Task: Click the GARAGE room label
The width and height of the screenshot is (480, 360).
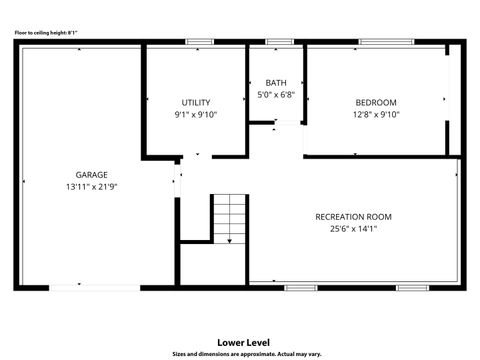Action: click(91, 174)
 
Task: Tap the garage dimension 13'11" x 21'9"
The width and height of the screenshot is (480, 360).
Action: click(91, 187)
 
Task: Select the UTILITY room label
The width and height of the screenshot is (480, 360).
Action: click(195, 102)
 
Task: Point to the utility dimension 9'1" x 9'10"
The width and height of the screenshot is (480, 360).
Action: click(195, 115)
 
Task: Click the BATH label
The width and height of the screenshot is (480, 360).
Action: click(276, 82)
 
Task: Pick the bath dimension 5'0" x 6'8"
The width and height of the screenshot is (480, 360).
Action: click(276, 95)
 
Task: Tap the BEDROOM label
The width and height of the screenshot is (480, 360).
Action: click(376, 102)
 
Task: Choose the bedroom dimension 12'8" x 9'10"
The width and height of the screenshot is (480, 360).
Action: click(376, 115)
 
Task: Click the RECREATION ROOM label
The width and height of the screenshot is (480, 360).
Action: click(353, 216)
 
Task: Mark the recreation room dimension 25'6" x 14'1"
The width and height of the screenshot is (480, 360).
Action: click(353, 229)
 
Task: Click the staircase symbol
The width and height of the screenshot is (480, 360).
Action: click(230, 216)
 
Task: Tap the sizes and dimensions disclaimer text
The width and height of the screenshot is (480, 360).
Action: click(246, 353)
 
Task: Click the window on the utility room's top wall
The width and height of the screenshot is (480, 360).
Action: click(199, 42)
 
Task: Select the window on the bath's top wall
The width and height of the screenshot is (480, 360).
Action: click(279, 42)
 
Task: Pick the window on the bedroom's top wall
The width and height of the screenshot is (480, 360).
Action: click(387, 42)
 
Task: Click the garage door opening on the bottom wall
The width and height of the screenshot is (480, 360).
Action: click(95, 288)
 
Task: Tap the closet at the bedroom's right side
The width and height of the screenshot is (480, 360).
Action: click(455, 100)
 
